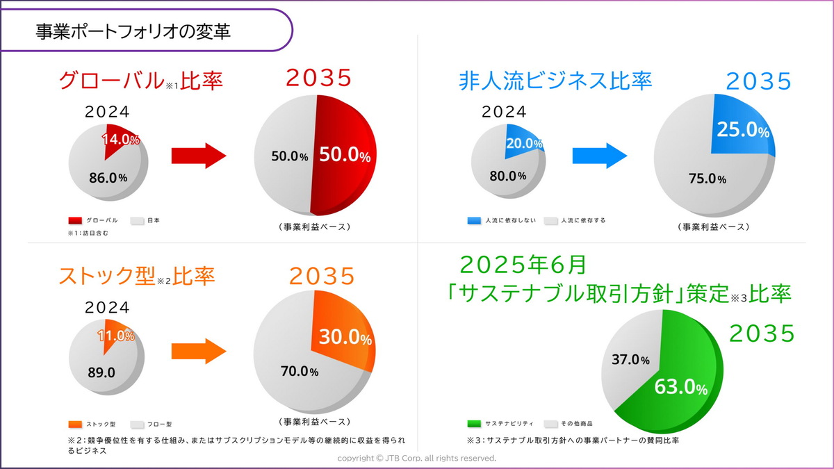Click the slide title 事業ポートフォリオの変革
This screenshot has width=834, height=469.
(133, 31)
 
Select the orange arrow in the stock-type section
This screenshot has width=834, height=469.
(199, 352)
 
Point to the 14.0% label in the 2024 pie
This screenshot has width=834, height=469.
(121, 140)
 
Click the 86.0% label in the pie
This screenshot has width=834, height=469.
(108, 177)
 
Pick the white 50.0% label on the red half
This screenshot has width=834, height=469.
(345, 156)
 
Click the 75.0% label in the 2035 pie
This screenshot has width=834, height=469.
(707, 179)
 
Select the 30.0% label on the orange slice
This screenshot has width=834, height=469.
(345, 338)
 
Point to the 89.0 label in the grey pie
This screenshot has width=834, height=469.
(101, 372)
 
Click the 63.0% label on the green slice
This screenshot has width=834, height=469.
(680, 387)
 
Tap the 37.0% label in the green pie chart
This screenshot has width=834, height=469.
(630, 360)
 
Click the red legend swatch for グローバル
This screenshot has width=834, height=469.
(76, 221)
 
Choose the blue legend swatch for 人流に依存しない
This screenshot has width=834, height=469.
(474, 221)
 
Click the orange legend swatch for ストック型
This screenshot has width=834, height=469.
(76, 423)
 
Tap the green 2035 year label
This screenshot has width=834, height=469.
(761, 334)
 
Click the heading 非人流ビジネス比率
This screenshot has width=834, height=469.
(555, 81)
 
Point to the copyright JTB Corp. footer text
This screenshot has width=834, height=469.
(417, 459)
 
